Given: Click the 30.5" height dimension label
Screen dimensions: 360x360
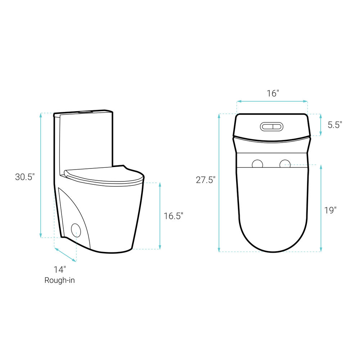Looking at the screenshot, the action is point(25,177).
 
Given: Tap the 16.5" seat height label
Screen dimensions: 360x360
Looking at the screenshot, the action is point(174,216).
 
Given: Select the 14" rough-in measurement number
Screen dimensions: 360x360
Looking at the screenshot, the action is point(60,270).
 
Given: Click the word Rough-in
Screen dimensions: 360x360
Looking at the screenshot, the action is point(59,280).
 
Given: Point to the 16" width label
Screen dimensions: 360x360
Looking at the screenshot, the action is point(273,93).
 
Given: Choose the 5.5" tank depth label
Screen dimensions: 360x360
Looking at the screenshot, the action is point(335,125).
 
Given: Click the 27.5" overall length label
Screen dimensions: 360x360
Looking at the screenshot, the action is point(206,180).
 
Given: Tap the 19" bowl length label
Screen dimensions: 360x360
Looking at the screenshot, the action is point(330,210).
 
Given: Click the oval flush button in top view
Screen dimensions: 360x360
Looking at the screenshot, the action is point(271,126).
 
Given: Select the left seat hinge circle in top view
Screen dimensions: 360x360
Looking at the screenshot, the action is point(257,164).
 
